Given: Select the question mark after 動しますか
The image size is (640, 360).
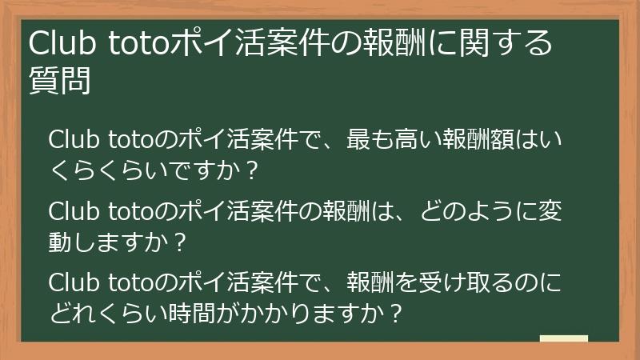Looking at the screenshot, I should pyautogui.click(x=180, y=240).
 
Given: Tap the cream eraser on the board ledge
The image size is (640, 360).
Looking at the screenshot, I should pyautogui.click(x=564, y=338).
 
